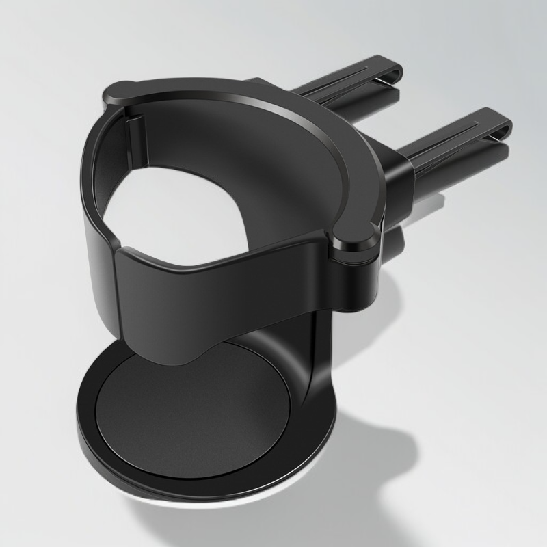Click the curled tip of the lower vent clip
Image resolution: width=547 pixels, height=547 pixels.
503,123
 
